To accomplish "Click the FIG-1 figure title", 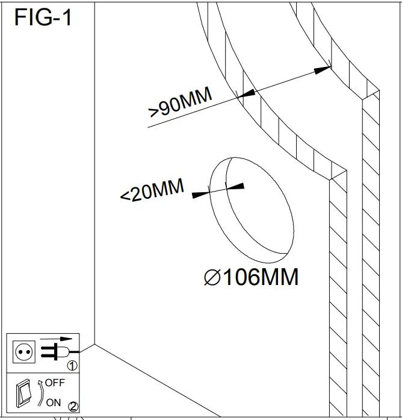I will pyautogui.click(x=43, y=17).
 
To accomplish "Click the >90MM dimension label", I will pyautogui.click(x=179, y=103).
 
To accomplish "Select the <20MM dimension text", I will pyautogui.click(x=152, y=192).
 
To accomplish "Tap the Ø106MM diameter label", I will pyautogui.click(x=252, y=278).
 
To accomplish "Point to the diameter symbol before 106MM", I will pyautogui.click(x=214, y=278).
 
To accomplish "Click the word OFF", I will pyautogui.click(x=54, y=383).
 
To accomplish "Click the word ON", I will pyautogui.click(x=53, y=402).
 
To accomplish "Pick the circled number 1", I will pyautogui.click(x=72, y=365).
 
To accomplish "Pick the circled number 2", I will pyautogui.click(x=73, y=406).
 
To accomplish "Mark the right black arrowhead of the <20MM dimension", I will pyautogui.click(x=237, y=187).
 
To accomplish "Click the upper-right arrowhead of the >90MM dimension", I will pyautogui.click(x=323, y=70).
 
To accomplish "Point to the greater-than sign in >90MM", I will pyautogui.click(x=153, y=112).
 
